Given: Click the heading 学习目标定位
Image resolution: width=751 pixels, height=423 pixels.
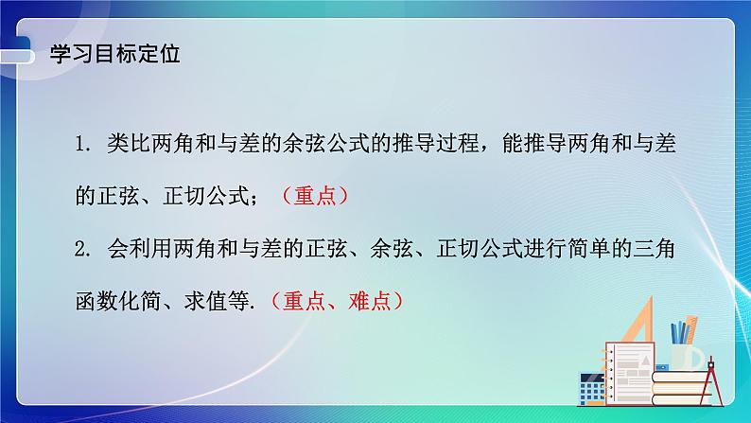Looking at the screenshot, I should pos(114,54).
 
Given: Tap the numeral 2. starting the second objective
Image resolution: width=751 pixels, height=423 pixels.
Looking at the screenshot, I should pos(85,250).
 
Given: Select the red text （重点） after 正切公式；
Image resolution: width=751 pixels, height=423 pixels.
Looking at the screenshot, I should pos(315,197).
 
